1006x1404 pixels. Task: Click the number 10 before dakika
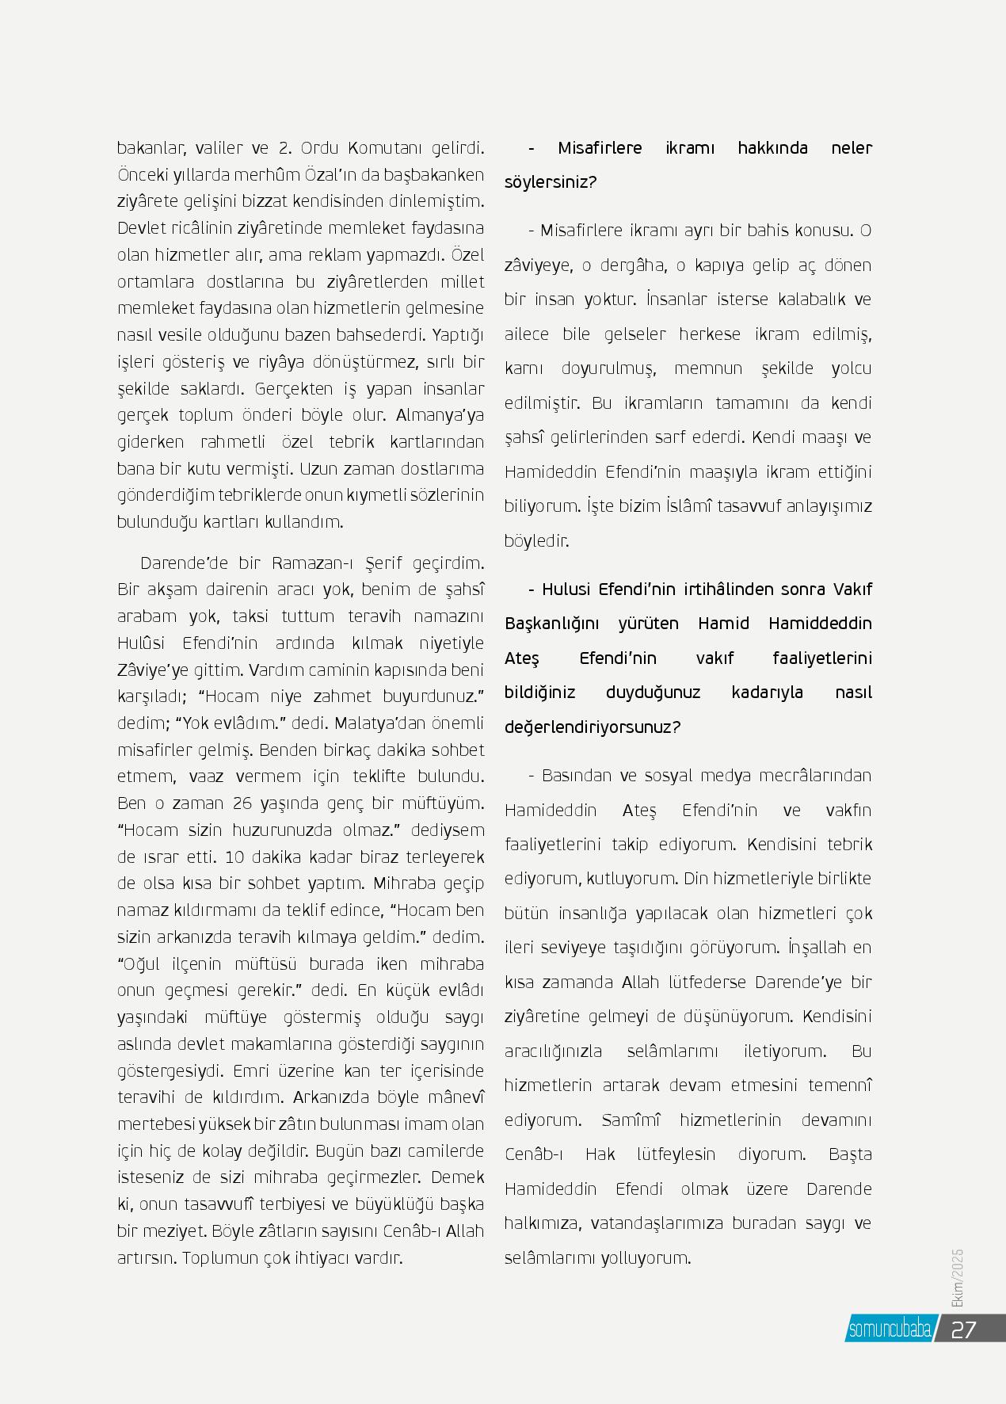coord(234,857)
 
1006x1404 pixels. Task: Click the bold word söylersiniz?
coord(551,182)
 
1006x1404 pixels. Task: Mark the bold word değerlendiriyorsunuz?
coord(593,727)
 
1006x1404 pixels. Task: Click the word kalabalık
coord(806,299)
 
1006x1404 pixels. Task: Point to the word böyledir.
coord(537,541)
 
